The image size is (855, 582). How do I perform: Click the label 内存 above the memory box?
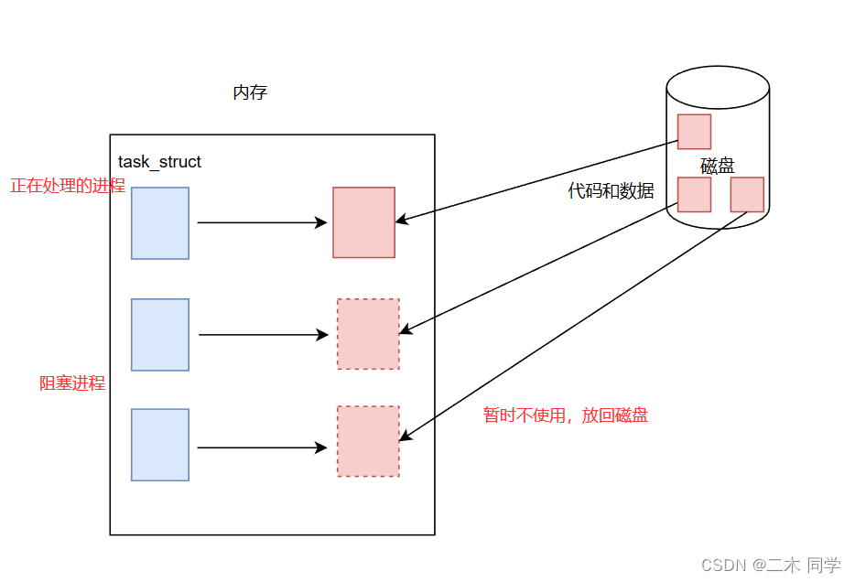[250, 92]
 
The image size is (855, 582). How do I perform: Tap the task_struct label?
[159, 161]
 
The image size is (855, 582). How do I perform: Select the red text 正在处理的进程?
[68, 186]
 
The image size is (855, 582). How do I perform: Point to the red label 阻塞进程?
[72, 383]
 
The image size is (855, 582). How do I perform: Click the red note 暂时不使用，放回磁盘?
[566, 415]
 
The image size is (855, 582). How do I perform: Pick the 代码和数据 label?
[611, 190]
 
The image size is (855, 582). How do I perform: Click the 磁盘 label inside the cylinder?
[718, 166]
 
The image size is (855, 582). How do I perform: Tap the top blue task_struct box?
[160, 223]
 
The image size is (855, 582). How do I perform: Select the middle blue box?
[160, 335]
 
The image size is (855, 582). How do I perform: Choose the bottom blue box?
[160, 445]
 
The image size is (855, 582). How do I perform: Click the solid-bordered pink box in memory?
[363, 222]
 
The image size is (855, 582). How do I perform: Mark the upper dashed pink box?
[368, 334]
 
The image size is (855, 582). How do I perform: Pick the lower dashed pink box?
[368, 441]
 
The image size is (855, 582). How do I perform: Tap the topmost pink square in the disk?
[694, 132]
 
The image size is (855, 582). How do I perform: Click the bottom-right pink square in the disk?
[747, 195]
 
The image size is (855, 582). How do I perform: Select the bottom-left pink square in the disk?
[694, 195]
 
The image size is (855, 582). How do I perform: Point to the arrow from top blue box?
[263, 222]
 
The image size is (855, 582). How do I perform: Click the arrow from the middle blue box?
[264, 335]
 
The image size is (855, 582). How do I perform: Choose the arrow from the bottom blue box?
[263, 448]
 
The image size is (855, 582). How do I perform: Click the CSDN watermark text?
[771, 566]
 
